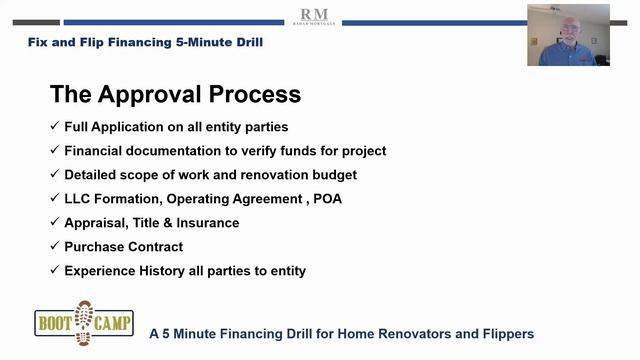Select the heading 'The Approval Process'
(175, 94)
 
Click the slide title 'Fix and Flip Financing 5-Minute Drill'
(144, 43)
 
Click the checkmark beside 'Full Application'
(54, 127)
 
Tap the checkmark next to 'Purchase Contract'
(54, 247)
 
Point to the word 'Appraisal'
(96, 223)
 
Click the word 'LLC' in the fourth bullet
(78, 199)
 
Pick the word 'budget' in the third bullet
(332, 175)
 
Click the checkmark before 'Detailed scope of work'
(54, 175)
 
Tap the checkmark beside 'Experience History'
(54, 271)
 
